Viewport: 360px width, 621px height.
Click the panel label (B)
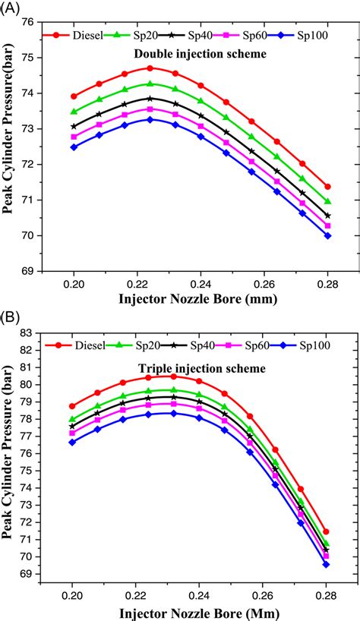click(11, 317)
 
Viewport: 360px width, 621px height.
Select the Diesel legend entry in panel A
click(80, 34)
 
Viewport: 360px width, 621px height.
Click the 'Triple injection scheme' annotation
click(201, 368)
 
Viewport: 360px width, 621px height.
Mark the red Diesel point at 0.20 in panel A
click(74, 96)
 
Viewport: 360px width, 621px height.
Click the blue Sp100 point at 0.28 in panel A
click(327, 235)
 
